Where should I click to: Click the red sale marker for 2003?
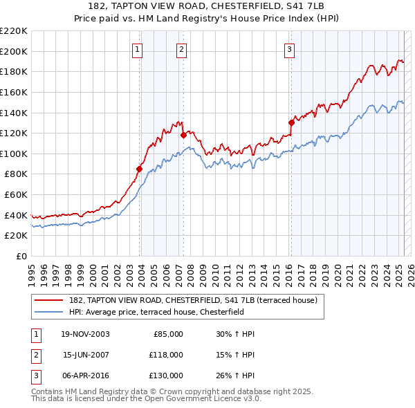coord(140,168)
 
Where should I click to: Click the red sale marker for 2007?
coord(183,136)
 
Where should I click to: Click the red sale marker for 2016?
coord(291,122)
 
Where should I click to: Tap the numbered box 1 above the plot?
coord(138,49)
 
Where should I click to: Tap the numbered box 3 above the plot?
coord(288,49)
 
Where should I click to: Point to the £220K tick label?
coord(14,31)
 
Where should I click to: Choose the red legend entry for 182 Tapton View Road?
coord(193,300)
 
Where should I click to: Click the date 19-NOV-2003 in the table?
coord(85,334)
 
